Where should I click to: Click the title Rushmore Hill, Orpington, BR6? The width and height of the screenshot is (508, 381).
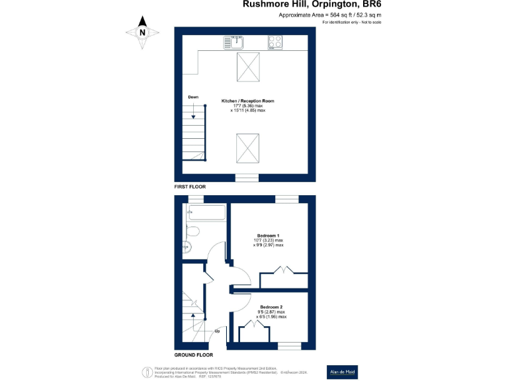pyautogui.click(x=312, y=5)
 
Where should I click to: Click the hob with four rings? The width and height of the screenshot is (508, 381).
pyautogui.click(x=275, y=42)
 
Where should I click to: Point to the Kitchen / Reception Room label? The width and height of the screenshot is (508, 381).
pyautogui.click(x=247, y=101)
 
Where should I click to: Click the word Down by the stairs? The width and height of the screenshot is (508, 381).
pyautogui.click(x=193, y=97)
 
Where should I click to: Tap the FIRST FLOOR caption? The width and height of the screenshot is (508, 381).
pyautogui.click(x=190, y=187)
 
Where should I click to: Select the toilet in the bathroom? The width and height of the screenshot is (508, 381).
pyautogui.click(x=192, y=232)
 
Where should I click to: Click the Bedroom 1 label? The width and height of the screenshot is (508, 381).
pyautogui.click(x=269, y=235)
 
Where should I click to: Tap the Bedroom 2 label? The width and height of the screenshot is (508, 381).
pyautogui.click(x=271, y=308)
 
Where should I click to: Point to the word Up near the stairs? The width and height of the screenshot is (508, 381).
pyautogui.click(x=216, y=331)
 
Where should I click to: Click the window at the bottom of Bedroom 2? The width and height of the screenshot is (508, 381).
pyautogui.click(x=288, y=345)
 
